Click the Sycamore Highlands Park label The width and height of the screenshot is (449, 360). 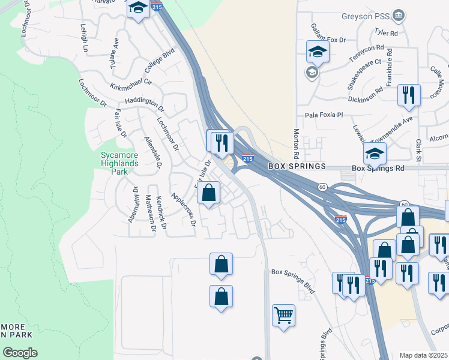119,163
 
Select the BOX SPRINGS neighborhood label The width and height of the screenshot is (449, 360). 297,166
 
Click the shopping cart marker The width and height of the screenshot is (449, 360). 283,314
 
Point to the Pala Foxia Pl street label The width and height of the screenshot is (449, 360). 323,115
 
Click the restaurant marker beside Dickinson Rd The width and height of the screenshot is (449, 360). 409,95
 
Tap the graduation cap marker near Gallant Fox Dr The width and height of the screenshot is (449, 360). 318,52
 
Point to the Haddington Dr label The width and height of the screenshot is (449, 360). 144,104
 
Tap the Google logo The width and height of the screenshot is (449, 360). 20,353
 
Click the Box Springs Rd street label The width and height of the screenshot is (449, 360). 378,169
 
